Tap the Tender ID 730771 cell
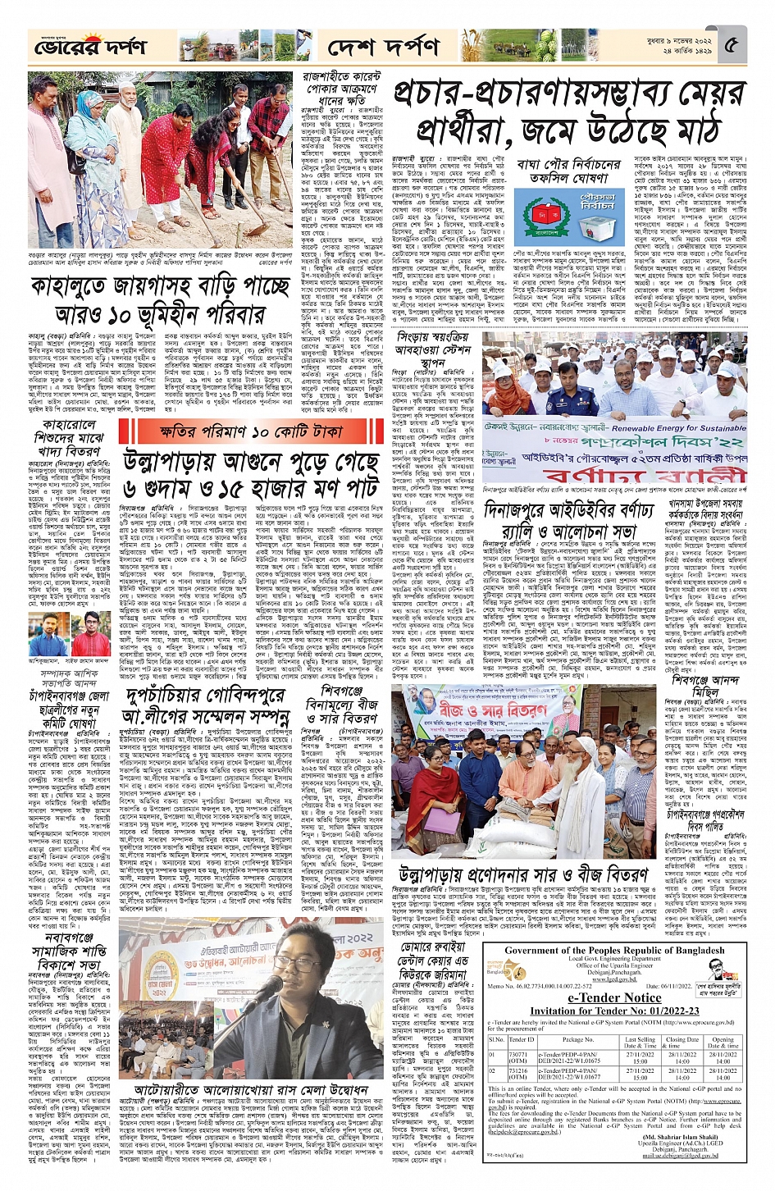click(x=518, y=1055)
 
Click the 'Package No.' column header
click(x=577, y=1039)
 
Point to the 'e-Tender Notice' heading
click(x=614, y=998)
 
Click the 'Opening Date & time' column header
click(x=723, y=1043)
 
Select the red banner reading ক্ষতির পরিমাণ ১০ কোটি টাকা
click(x=250, y=431)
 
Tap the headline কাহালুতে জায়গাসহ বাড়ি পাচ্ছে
click(x=160, y=289)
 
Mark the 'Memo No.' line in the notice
click(x=541, y=987)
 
